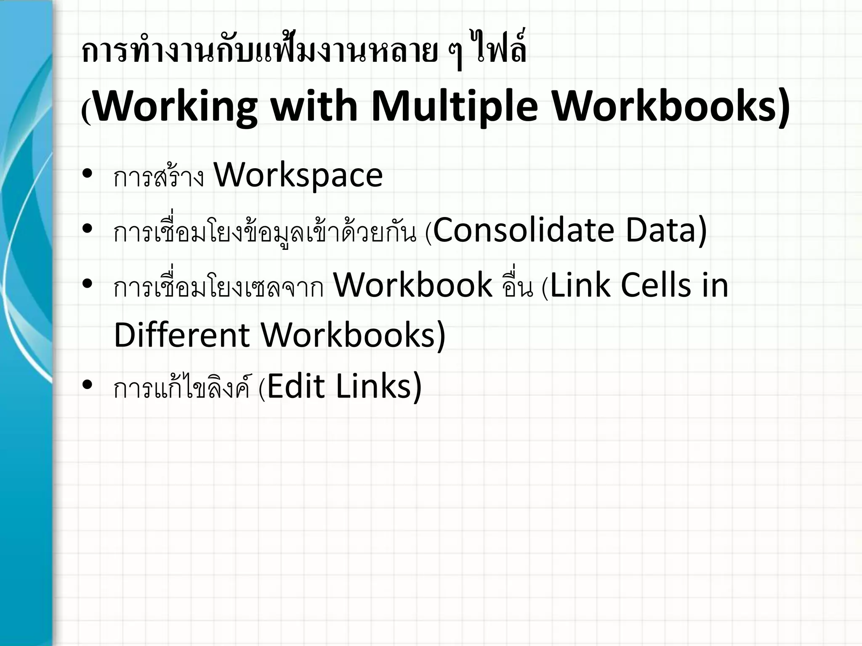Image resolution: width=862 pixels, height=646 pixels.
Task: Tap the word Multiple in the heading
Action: click(x=454, y=107)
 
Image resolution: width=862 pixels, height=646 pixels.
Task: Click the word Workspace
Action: click(x=298, y=175)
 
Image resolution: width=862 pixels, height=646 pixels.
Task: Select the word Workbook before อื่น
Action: click(x=412, y=285)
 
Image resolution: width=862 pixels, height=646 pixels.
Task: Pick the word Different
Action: click(x=182, y=335)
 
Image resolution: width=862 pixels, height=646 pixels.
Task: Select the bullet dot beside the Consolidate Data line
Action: click(x=88, y=228)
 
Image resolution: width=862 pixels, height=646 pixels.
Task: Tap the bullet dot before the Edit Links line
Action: click(x=88, y=384)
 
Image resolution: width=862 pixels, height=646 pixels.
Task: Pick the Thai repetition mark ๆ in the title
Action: click(x=452, y=55)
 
